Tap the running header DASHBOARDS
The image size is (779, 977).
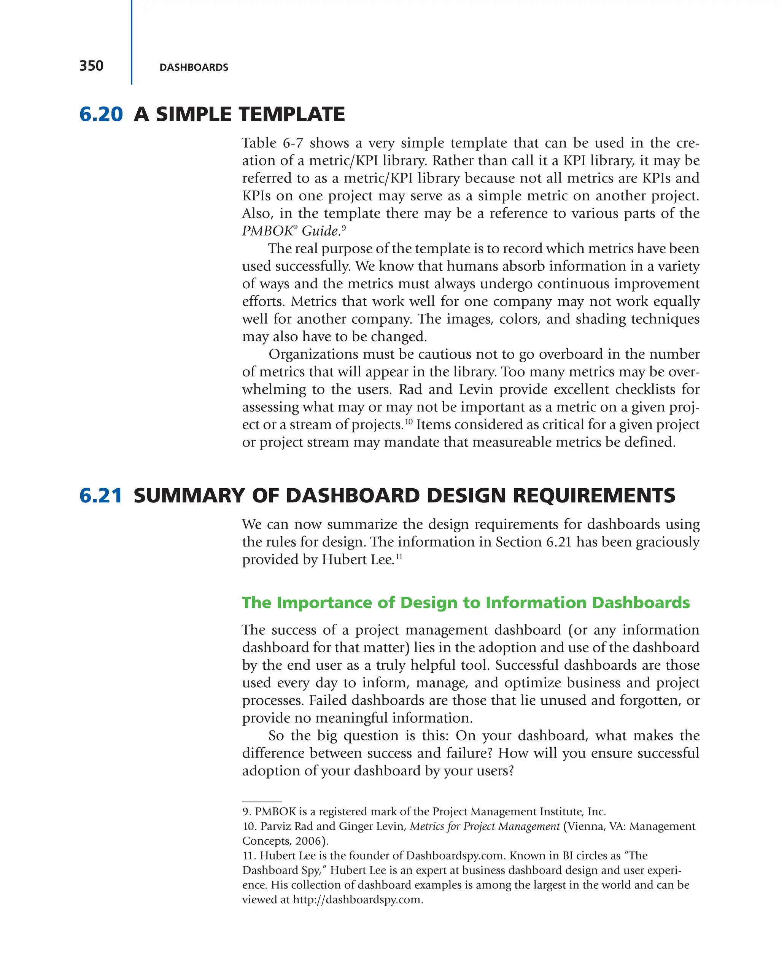point(194,68)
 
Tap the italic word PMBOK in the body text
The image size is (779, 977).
point(267,231)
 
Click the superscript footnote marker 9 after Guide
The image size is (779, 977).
point(343,227)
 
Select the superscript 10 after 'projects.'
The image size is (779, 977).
point(409,421)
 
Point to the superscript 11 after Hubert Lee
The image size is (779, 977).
point(399,556)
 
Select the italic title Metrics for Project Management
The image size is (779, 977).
point(485,826)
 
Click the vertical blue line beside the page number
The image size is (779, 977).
point(132,42)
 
